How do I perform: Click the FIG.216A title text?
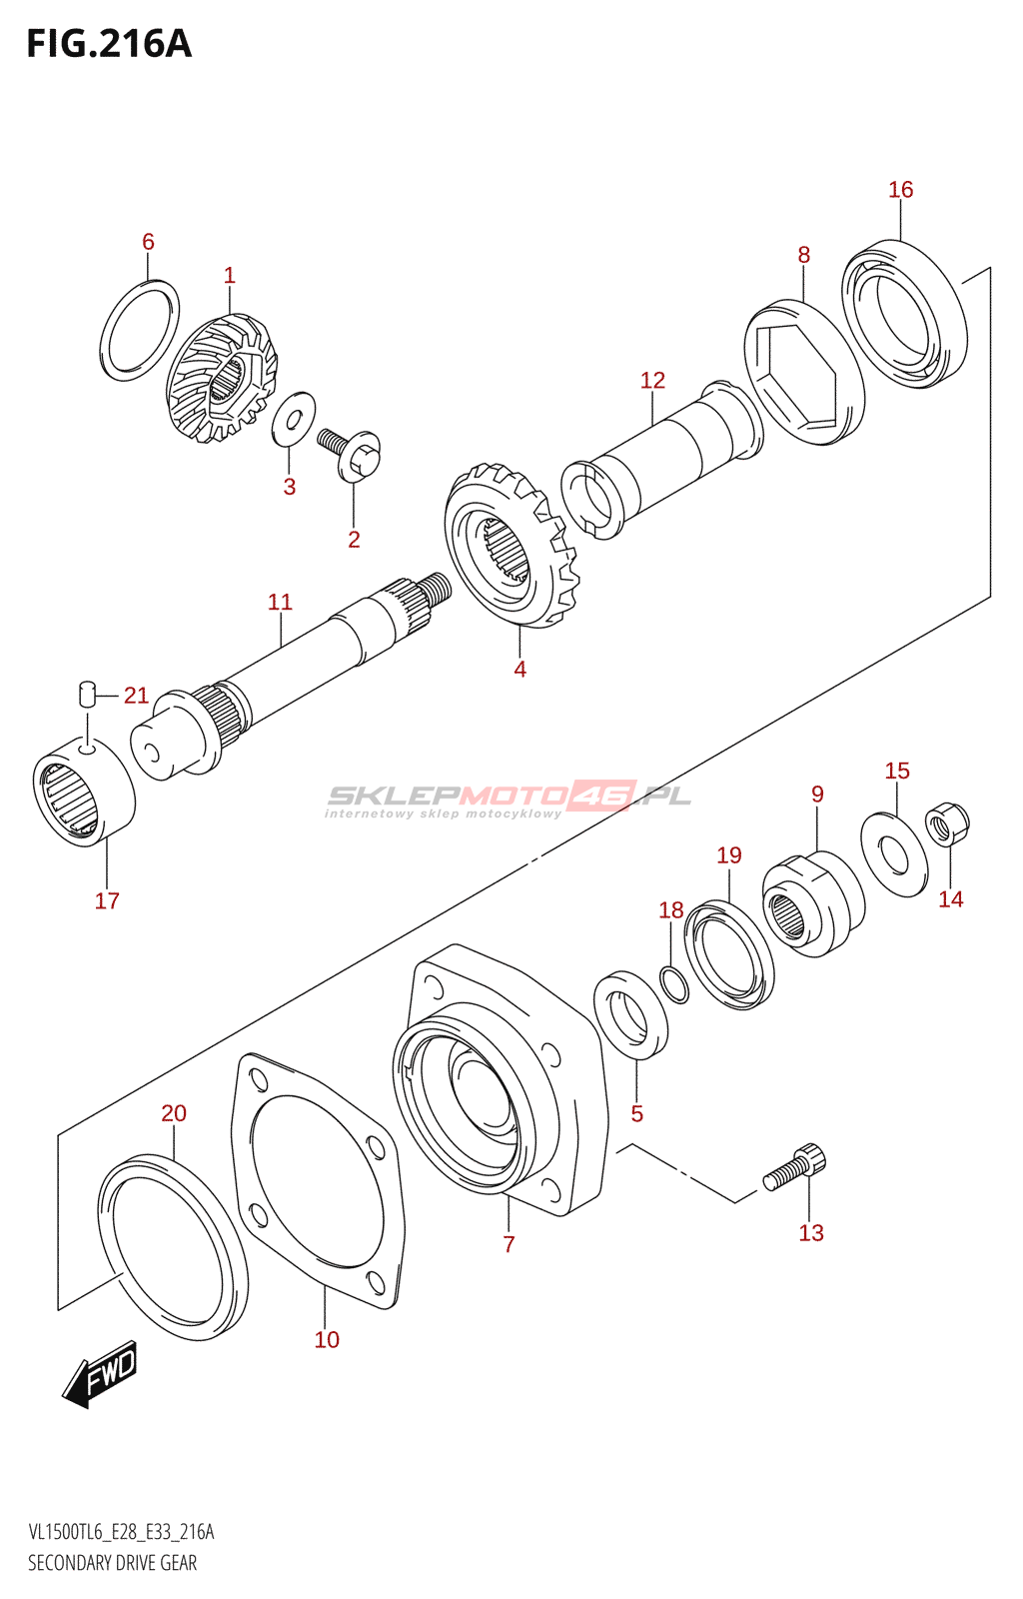tap(109, 44)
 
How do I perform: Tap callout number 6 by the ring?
tap(148, 241)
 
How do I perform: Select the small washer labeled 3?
tap(293, 419)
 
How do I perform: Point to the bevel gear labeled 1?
tap(221, 378)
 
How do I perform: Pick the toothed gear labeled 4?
tap(511, 544)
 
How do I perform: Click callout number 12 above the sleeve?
tap(652, 380)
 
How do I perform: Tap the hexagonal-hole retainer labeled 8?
tap(804, 371)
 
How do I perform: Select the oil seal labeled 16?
tap(904, 314)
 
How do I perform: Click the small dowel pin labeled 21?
tap(86, 694)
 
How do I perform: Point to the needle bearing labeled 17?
tap(84, 790)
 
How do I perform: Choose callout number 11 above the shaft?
tap(281, 602)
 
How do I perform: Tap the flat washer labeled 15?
tap(894, 853)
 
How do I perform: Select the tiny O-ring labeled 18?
tap(675, 985)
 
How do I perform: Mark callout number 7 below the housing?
tap(508, 1244)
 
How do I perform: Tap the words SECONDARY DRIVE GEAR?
tap(113, 1578)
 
